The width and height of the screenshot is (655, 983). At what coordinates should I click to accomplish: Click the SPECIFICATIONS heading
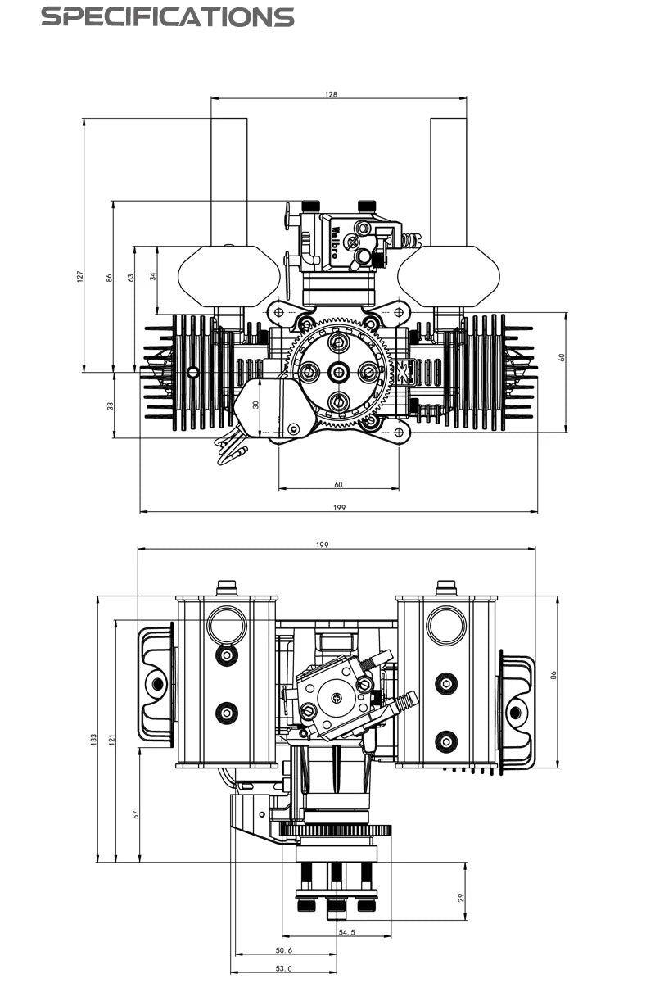click(167, 16)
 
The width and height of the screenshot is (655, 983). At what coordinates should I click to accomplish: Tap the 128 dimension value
click(331, 94)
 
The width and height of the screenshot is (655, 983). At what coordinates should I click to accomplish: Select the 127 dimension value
click(80, 278)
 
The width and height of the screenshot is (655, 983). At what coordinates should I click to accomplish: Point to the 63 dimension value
click(131, 278)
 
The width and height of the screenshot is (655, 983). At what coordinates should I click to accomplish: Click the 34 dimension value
click(153, 276)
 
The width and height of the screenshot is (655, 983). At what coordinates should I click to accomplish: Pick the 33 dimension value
click(111, 405)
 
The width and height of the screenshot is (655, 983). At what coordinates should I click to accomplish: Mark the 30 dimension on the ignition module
click(255, 405)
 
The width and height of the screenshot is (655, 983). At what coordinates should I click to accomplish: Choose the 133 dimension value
click(93, 740)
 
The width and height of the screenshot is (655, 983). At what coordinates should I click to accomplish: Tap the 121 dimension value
click(112, 740)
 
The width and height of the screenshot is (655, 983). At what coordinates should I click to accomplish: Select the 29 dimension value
click(462, 898)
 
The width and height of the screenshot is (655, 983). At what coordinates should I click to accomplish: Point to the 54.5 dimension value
click(346, 932)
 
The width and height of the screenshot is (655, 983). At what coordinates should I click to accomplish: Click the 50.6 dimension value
click(284, 950)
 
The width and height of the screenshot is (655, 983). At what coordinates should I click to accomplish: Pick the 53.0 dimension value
click(284, 968)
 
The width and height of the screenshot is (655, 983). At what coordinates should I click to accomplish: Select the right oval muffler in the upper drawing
click(448, 277)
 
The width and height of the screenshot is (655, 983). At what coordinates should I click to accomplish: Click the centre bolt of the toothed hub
click(338, 373)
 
